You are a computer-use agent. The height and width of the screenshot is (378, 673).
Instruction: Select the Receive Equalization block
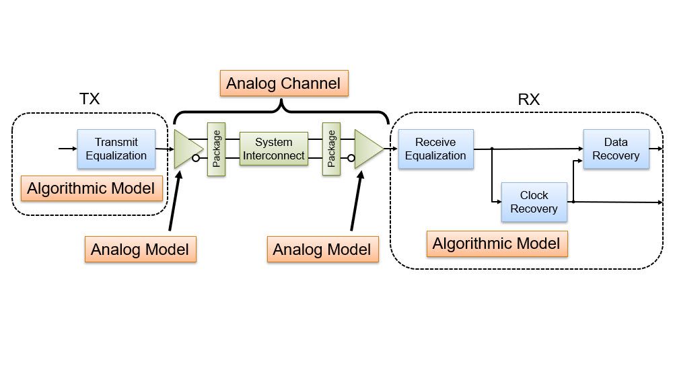tap(435, 149)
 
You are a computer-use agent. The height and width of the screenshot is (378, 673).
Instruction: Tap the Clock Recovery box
tap(534, 202)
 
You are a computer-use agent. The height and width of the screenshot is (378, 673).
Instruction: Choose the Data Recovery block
tap(615, 149)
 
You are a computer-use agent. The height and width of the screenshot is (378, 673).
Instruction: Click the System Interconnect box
tap(273, 149)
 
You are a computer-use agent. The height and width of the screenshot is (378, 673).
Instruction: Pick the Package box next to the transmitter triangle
tap(216, 149)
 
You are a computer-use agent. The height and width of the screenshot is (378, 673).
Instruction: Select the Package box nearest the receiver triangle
tap(331, 149)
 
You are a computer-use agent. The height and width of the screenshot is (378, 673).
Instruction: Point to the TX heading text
tap(90, 99)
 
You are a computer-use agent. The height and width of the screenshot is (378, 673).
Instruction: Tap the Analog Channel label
tap(283, 83)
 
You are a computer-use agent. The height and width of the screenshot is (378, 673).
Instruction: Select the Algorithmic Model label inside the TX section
tap(91, 188)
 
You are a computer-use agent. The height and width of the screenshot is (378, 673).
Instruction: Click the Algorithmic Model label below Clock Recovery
tap(497, 243)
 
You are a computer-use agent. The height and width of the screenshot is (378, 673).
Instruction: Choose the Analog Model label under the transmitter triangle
tap(140, 250)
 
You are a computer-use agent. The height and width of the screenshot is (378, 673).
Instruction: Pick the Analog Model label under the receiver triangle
tap(322, 250)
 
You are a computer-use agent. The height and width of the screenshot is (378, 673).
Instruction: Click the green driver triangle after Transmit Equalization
tap(186, 149)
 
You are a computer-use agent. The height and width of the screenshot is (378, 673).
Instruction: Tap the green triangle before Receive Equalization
tap(367, 149)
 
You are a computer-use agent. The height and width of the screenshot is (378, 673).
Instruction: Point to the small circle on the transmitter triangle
tap(195, 159)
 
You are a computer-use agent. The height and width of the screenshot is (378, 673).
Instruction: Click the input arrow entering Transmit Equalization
tap(67, 149)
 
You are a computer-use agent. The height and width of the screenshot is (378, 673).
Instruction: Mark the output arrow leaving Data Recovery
tap(656, 149)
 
